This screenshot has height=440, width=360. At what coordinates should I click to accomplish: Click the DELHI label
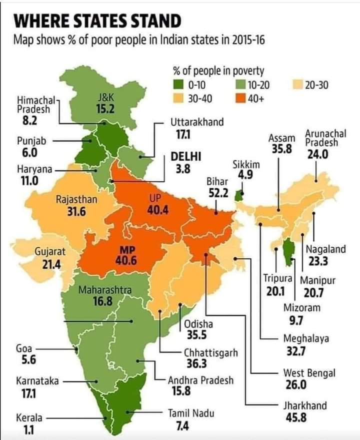[186, 157]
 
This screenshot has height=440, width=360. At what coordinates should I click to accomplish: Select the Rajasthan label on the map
[76, 200]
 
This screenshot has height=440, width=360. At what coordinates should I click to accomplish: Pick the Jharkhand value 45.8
[295, 417]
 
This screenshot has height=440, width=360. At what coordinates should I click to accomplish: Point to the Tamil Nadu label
[191, 414]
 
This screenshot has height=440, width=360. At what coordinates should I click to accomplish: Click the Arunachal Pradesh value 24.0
[317, 155]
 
